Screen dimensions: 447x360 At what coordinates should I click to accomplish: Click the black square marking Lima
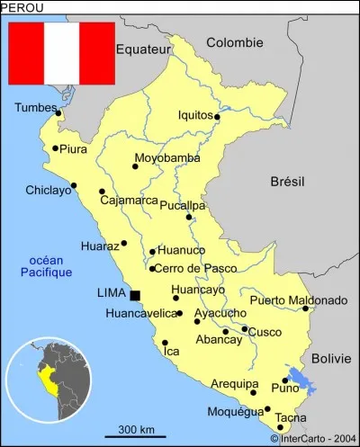pos(135,295)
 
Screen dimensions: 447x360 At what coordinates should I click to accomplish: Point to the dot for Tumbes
pos(58,113)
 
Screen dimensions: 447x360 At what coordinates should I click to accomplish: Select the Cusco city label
pos(265,332)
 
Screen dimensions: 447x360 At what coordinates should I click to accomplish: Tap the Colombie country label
pos(234,42)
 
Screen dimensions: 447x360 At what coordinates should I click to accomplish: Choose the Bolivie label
pos(330,358)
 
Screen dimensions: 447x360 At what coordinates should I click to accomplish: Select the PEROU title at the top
pos(21,7)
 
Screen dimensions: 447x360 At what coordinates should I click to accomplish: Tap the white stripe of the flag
pos(62,53)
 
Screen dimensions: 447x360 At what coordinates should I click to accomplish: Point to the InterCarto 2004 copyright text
pos(312,439)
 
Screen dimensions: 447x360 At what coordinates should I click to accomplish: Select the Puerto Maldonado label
pos(299,299)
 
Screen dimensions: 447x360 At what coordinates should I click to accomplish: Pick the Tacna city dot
pos(280,427)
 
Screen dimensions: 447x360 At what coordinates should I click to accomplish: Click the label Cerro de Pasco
pos(189,268)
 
